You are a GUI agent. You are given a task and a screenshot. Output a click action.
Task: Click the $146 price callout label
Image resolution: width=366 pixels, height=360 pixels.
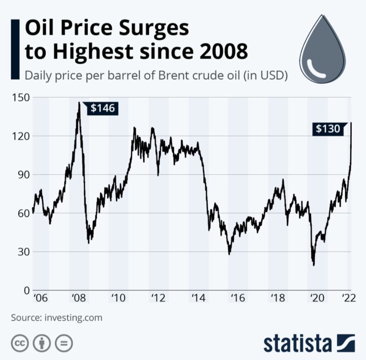click(x=99, y=108)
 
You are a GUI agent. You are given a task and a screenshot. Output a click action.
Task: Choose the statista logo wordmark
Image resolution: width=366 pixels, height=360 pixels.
click(x=300, y=344)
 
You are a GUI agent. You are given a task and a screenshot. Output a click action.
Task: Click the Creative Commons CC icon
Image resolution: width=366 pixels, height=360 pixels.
click(x=19, y=343)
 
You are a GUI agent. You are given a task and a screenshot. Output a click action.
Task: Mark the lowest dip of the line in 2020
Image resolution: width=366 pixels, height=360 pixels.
click(x=314, y=264)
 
